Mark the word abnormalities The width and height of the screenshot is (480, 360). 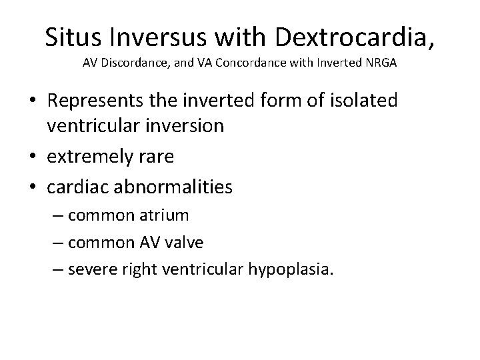pyautogui.click(x=175, y=187)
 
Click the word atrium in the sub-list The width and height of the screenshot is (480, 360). pyautogui.click(x=166, y=215)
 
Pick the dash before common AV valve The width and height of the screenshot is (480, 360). pyautogui.click(x=61, y=243)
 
